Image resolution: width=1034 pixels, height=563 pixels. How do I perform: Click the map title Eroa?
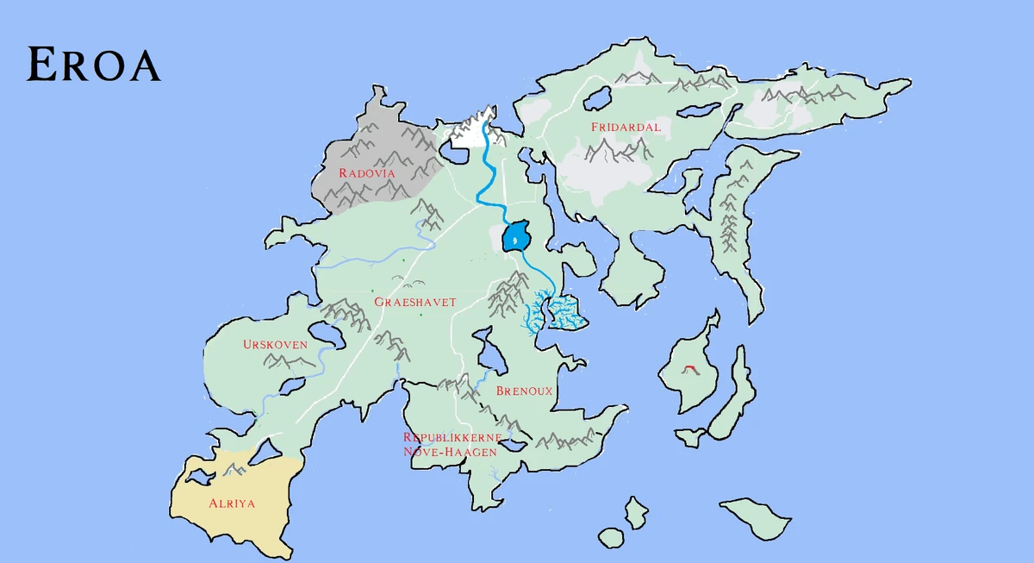click(93, 65)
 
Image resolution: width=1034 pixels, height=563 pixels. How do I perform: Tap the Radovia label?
click(366, 173)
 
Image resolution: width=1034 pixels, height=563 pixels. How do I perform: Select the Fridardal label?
click(626, 127)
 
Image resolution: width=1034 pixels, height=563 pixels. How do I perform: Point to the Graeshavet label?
click(414, 302)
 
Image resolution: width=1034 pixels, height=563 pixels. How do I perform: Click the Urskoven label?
click(275, 345)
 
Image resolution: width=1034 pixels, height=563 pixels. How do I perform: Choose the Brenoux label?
click(524, 391)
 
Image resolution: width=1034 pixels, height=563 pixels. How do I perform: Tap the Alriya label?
click(232, 503)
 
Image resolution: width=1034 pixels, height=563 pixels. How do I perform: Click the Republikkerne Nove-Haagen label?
click(451, 444)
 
